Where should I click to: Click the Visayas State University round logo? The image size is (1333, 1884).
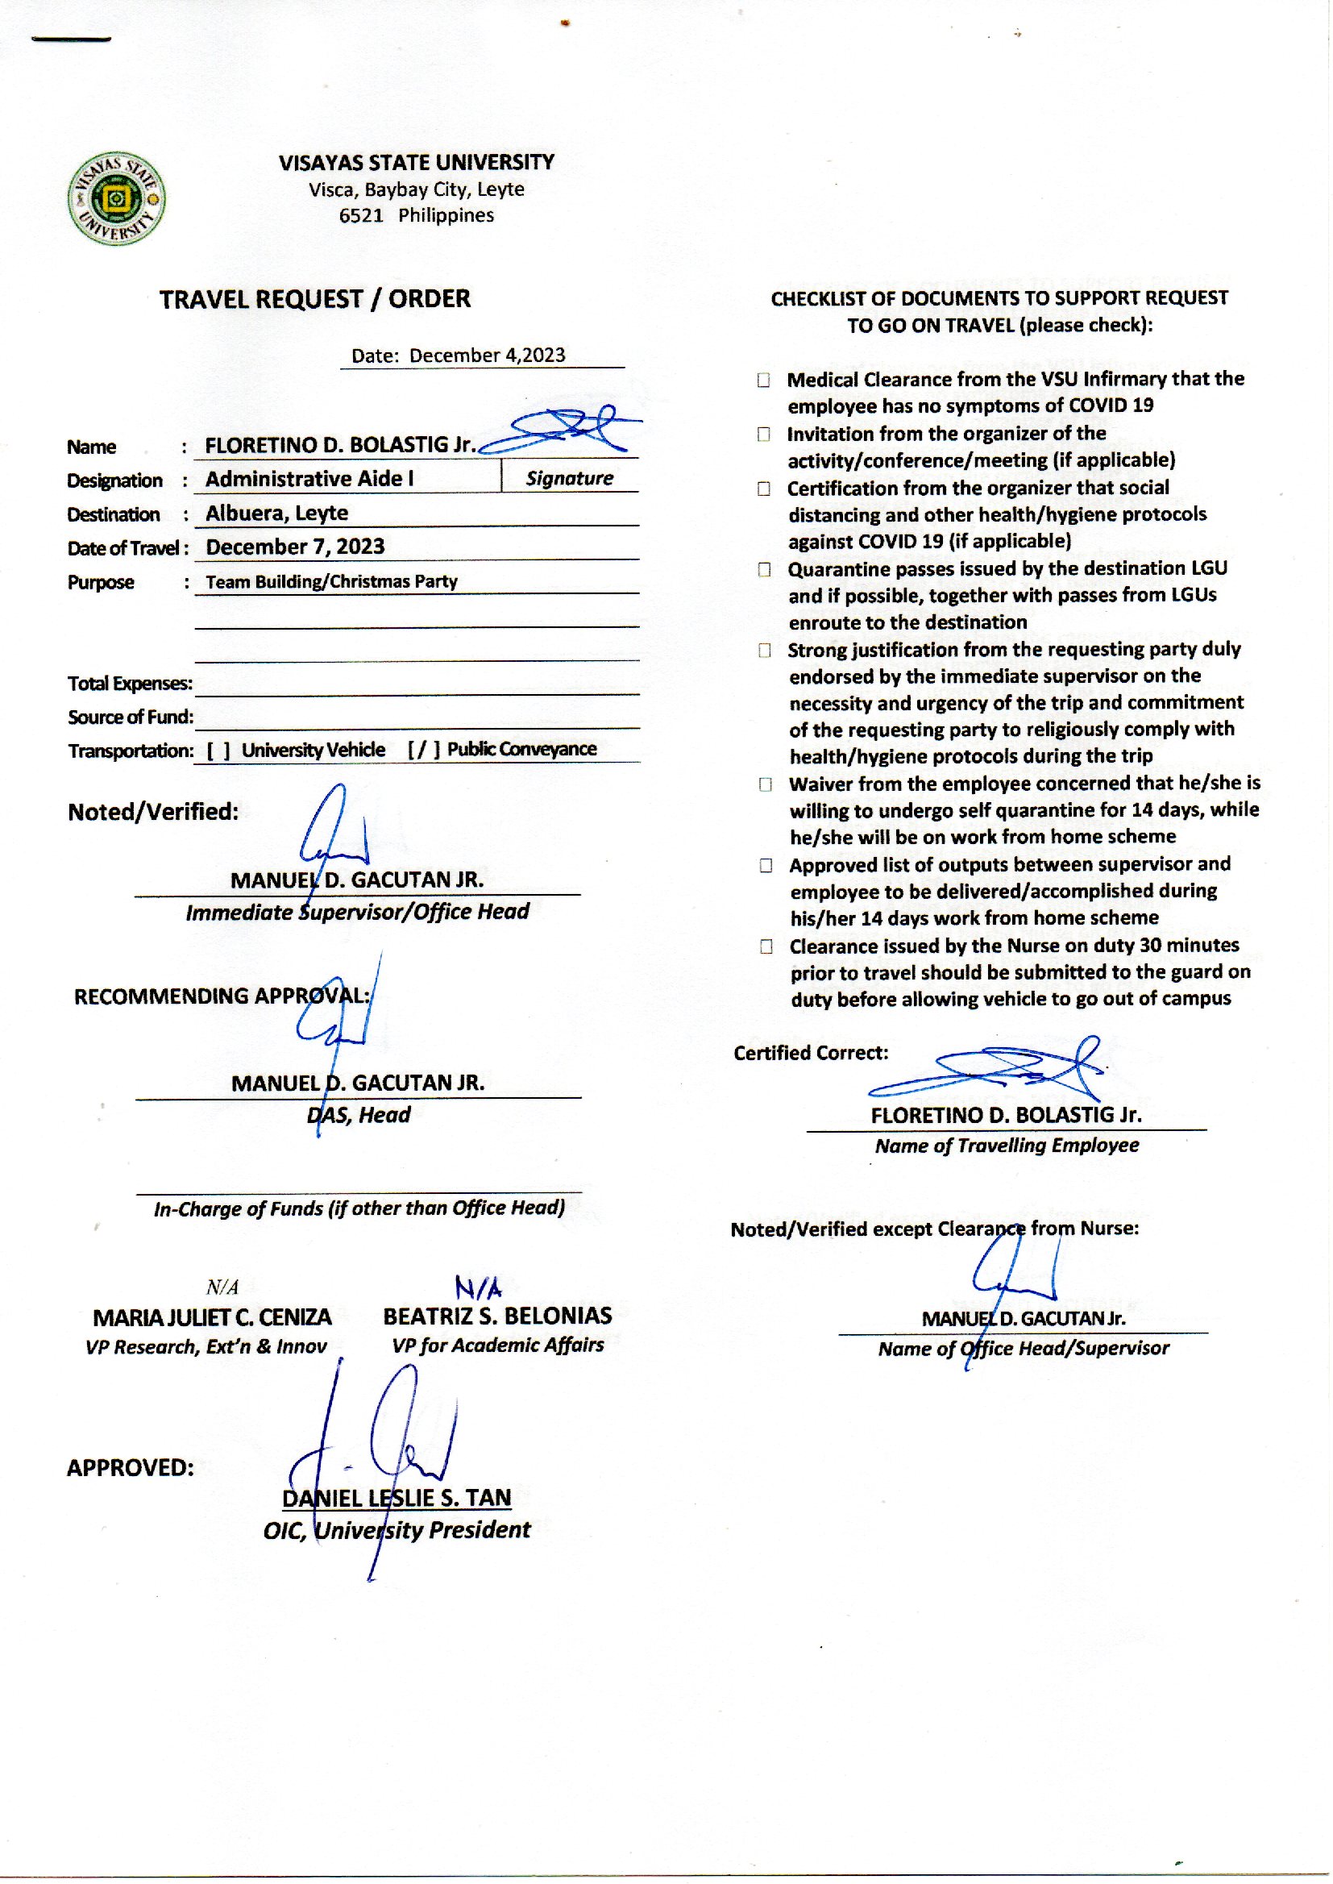tap(117, 198)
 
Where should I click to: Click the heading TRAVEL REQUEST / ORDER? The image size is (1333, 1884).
tap(315, 299)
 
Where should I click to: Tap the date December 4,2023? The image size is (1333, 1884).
tap(487, 356)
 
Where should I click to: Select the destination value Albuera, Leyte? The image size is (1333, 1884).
tap(276, 513)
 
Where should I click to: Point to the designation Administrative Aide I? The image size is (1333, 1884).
tap(309, 479)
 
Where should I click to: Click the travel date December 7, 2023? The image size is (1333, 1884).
tap(295, 547)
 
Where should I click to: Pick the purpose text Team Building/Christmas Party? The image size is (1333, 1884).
tap(331, 581)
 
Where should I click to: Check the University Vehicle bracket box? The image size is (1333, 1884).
tap(218, 751)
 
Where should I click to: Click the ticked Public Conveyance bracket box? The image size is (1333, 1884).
tap(425, 750)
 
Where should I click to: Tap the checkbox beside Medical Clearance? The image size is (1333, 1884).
tap(764, 380)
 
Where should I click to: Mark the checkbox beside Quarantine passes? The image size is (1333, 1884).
tap(765, 570)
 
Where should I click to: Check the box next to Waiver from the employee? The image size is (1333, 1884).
tap(766, 784)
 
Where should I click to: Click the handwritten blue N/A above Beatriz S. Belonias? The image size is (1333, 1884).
tap(478, 1287)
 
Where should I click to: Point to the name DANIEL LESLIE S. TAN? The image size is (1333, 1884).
tap(397, 1498)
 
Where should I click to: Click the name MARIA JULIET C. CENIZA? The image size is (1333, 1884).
tap(212, 1317)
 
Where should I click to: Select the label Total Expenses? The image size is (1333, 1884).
tap(130, 684)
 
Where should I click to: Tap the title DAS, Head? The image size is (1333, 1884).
tap(359, 1115)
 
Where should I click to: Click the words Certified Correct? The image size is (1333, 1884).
tap(811, 1053)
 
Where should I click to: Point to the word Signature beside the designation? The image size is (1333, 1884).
tap(570, 479)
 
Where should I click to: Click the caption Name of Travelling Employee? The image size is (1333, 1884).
tap(1007, 1146)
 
